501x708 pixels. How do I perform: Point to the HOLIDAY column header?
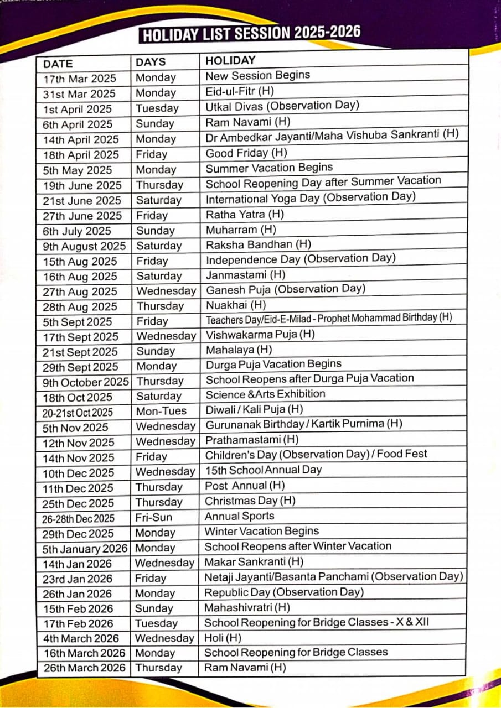(230, 60)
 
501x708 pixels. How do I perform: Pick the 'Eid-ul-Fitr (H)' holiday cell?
(240, 91)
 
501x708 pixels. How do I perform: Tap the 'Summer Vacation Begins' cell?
(269, 168)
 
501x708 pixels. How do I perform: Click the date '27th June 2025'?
(82, 216)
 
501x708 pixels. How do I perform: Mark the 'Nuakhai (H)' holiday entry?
(236, 305)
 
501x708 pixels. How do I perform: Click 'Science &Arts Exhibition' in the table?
(265, 394)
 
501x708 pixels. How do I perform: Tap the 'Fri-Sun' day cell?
(154, 518)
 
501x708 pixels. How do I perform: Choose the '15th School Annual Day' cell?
(264, 470)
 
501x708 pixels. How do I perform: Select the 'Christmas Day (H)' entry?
(250, 501)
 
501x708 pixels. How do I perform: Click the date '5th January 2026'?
(85, 549)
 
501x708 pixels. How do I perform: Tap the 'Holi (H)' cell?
(223, 638)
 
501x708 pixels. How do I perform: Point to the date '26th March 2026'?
(85, 668)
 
